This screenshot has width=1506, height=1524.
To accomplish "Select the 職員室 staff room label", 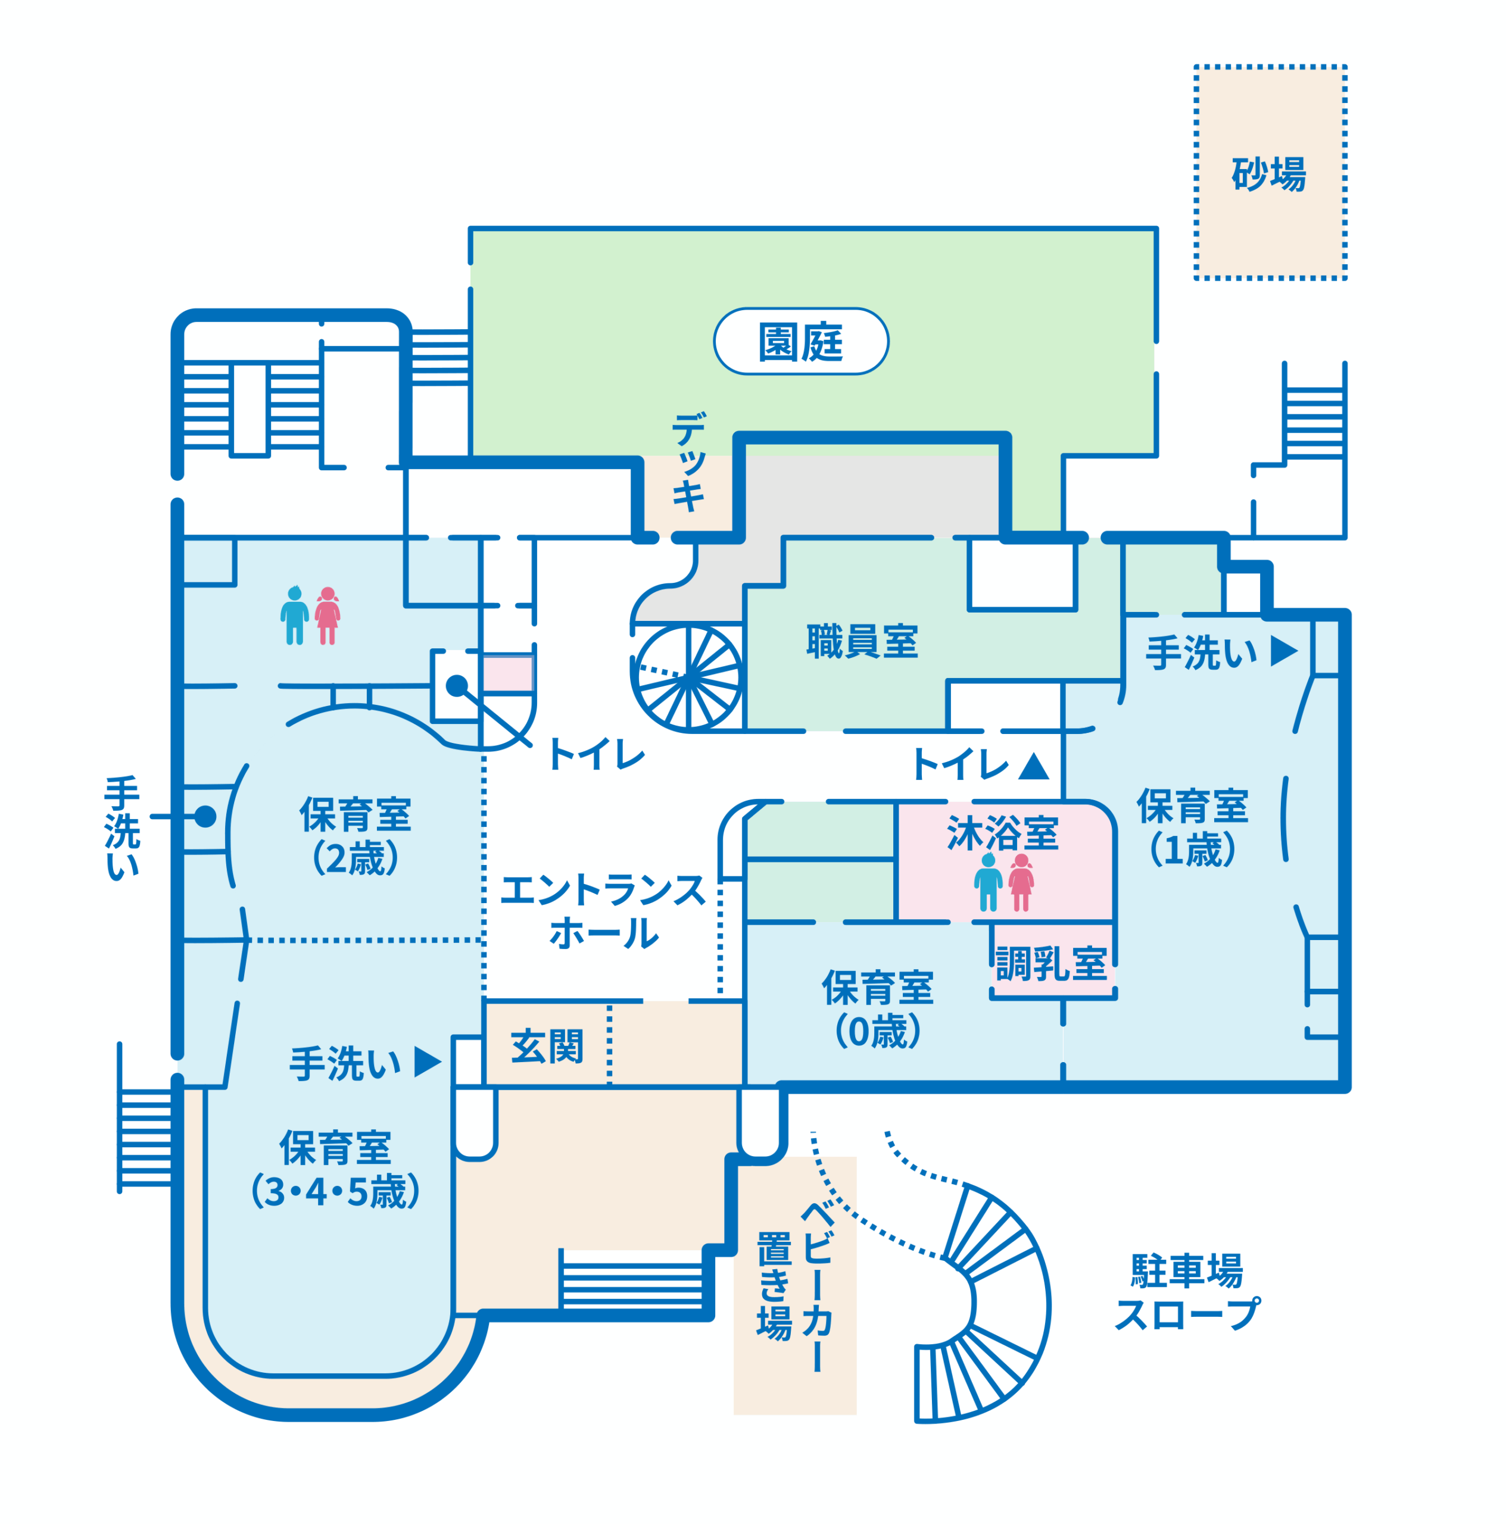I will point(862,641).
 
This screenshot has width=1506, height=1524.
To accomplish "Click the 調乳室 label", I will point(1051,964).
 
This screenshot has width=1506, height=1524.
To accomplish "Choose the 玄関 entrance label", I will point(547,1047).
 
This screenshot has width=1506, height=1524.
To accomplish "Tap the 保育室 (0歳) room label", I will point(877,1009).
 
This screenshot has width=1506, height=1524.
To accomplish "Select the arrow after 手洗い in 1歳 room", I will point(1283,651).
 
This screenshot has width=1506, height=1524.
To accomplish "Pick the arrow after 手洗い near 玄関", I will point(427,1062).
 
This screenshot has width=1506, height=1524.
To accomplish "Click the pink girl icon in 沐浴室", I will point(1021,882).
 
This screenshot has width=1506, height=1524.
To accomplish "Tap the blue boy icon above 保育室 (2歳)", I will point(294,616).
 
